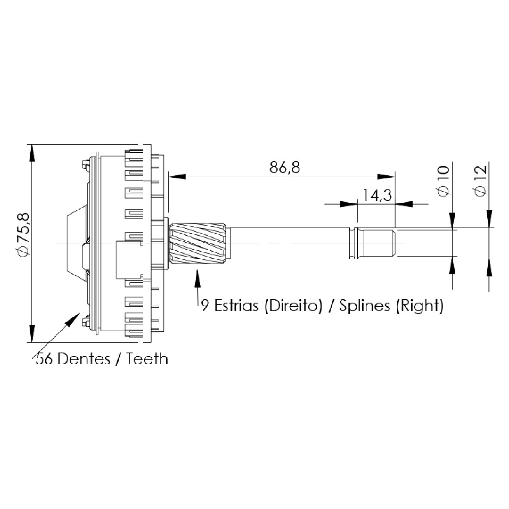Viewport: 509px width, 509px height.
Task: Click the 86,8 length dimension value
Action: [285, 168]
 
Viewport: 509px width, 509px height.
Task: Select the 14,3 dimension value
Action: [377, 195]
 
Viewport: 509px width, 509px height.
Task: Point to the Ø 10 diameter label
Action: [444, 181]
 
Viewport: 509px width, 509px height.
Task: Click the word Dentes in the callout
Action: [84, 359]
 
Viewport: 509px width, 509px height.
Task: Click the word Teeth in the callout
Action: [147, 359]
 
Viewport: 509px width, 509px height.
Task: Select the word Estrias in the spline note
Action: [236, 306]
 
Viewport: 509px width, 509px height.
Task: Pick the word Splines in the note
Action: [365, 306]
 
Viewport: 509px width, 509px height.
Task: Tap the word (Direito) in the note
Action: [294, 306]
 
